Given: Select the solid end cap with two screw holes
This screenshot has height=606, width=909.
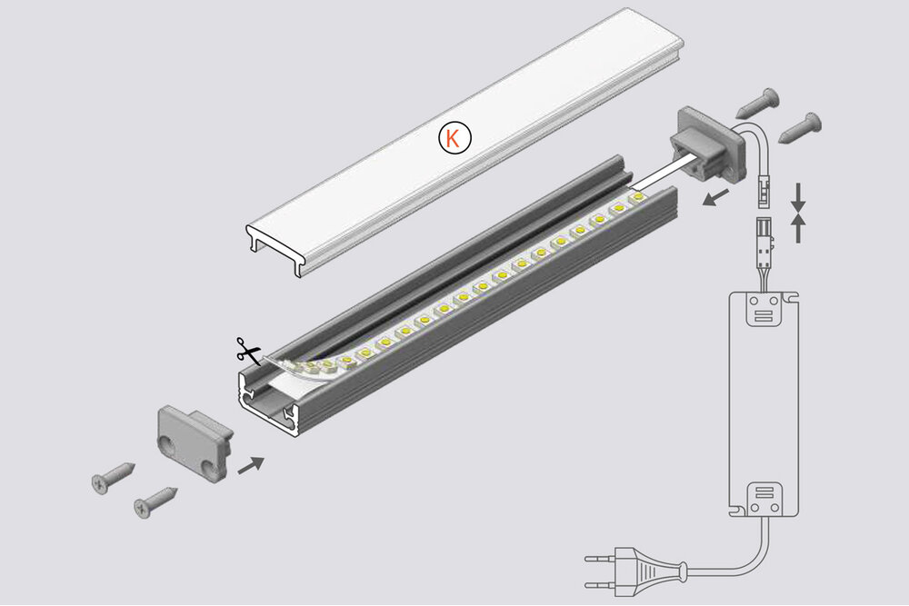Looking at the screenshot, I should tap(194, 440).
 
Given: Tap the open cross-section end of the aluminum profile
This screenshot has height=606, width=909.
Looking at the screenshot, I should tap(267, 401).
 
